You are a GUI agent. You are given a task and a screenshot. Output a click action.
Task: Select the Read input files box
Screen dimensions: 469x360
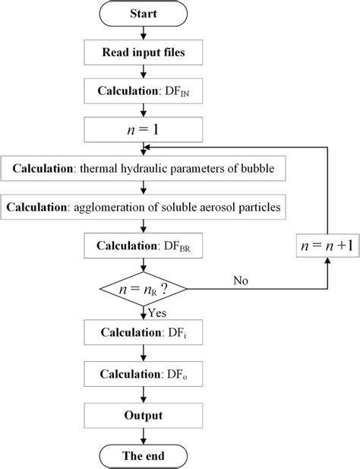click(144, 53)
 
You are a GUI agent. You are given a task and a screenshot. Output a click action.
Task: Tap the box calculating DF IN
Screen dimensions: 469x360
click(144, 90)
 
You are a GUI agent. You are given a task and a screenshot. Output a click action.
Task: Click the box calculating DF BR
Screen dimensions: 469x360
click(144, 246)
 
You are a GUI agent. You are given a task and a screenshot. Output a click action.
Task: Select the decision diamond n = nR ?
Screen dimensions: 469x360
click(144, 288)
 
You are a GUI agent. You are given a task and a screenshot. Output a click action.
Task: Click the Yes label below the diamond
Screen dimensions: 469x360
click(157, 311)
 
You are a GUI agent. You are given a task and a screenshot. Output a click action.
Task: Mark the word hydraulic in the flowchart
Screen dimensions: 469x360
click(147, 167)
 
